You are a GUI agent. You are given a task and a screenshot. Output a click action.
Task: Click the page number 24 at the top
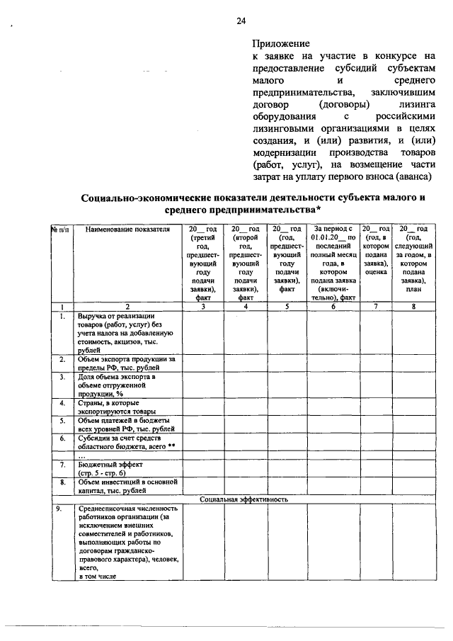click(x=241, y=21)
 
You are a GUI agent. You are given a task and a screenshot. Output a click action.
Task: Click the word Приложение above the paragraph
click(x=282, y=43)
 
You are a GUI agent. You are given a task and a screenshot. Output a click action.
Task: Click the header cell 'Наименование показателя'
click(x=127, y=229)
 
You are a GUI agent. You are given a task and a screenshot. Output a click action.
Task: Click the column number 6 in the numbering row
click(x=332, y=307)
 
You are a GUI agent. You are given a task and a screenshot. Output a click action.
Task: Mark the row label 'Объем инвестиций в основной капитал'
click(x=127, y=486)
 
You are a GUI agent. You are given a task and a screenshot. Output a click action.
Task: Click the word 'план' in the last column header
click(x=413, y=289)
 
